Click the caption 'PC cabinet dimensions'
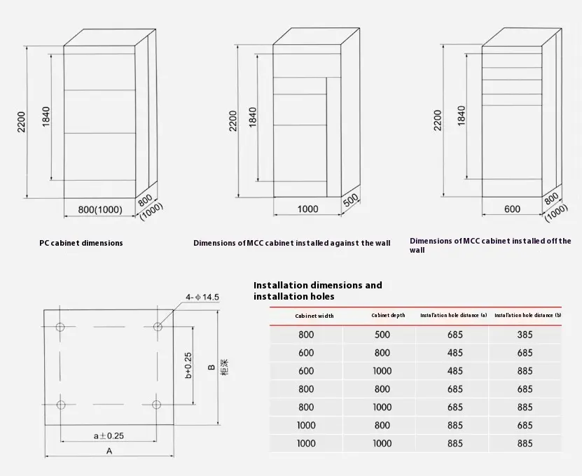81,243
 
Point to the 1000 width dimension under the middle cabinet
307,209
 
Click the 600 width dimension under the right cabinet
512,209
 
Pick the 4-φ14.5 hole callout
203,297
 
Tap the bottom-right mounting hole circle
157,404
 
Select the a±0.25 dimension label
109,435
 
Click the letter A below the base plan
109,451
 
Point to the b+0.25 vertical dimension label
188,365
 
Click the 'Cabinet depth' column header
388,316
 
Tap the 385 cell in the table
525,335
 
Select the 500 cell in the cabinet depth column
382,335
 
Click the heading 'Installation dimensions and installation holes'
318,290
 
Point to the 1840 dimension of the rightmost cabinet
461,115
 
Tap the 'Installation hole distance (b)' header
527,316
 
